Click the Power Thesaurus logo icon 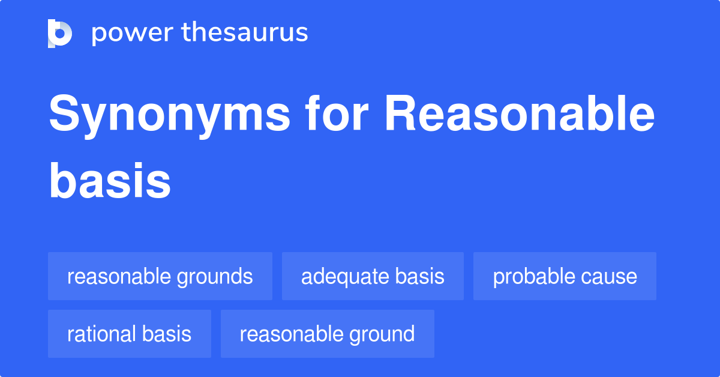(60, 33)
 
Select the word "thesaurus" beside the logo (245, 33)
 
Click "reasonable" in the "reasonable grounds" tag (119, 277)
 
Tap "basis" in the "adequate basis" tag (419, 277)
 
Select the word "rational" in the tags (101, 334)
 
